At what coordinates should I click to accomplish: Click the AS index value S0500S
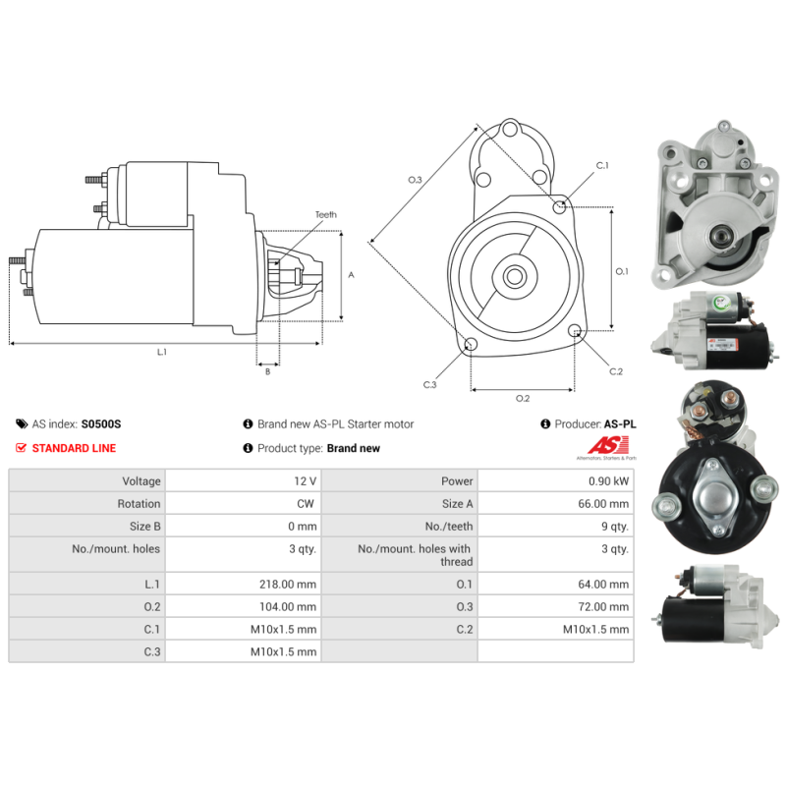click(101, 424)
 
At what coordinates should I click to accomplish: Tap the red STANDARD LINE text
click(74, 448)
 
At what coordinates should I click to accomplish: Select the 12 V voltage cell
click(306, 481)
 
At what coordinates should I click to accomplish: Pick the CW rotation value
click(307, 504)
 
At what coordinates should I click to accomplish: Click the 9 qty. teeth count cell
click(614, 527)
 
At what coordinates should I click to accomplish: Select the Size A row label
click(453, 504)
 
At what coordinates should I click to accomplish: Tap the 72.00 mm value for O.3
click(605, 607)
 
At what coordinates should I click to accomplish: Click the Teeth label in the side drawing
click(325, 214)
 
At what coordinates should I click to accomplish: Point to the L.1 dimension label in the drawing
click(162, 352)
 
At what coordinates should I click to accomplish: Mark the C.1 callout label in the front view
click(601, 165)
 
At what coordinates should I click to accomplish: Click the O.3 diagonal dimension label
click(415, 180)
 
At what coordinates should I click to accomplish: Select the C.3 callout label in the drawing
click(429, 385)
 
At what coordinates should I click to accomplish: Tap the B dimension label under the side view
click(267, 371)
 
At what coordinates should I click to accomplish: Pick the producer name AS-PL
click(619, 424)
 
